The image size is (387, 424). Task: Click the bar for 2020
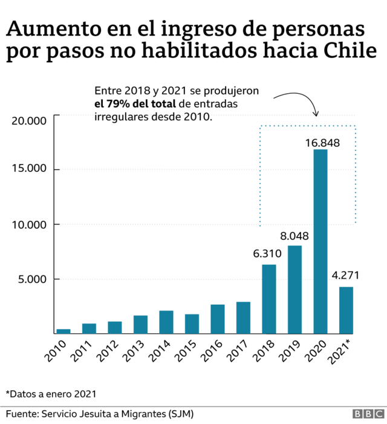320,242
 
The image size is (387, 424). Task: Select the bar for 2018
269,299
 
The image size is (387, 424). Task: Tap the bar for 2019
294,289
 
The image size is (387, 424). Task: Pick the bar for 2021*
346,310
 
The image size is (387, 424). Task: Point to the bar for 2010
63,331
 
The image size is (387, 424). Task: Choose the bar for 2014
166,322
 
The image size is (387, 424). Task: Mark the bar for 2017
243,318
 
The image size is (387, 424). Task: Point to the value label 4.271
346,276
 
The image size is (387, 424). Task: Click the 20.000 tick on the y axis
29,121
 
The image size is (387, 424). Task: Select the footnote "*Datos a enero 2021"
51,393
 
